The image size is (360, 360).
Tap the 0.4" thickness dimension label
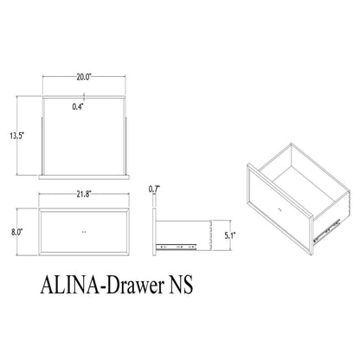point(79,106)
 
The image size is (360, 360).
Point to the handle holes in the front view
point(84,233)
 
